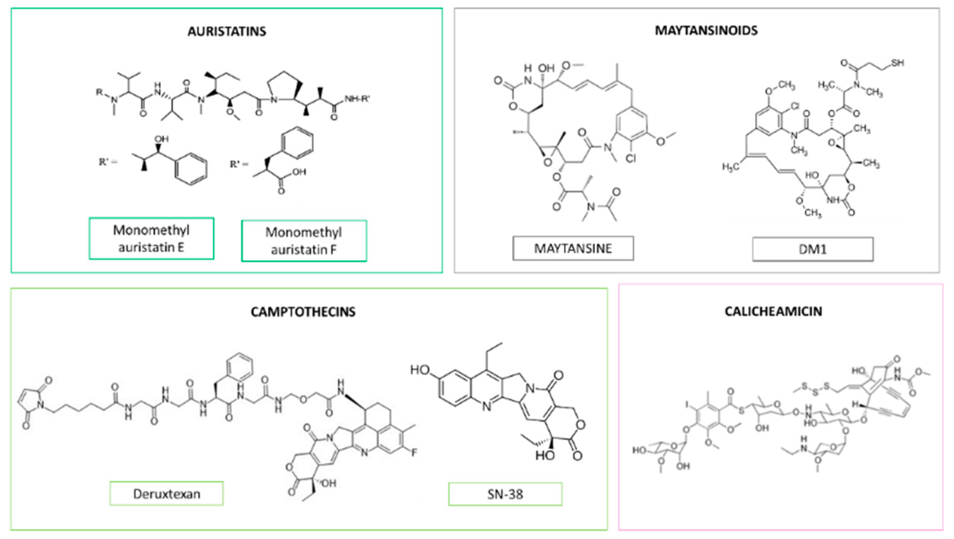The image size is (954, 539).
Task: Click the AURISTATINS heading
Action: (x=227, y=31)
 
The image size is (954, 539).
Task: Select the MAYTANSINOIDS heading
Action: (x=706, y=30)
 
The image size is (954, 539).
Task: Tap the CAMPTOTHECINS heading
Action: (x=303, y=311)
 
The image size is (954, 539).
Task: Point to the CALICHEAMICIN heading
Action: (x=773, y=311)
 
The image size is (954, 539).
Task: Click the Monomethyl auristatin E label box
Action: (x=151, y=238)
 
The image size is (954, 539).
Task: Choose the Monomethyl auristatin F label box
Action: (x=304, y=241)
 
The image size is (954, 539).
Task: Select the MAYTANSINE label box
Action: (x=573, y=248)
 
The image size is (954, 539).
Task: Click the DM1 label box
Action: (x=813, y=249)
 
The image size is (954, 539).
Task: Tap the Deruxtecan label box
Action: (x=167, y=494)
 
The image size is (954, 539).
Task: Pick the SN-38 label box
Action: (x=505, y=494)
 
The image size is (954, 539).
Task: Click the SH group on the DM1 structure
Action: (x=897, y=63)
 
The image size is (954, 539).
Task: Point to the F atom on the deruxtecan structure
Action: (x=414, y=453)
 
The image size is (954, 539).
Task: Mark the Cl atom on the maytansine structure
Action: (x=631, y=158)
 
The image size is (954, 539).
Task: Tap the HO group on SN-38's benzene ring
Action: (x=420, y=370)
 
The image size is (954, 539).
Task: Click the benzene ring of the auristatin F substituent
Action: (x=297, y=143)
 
